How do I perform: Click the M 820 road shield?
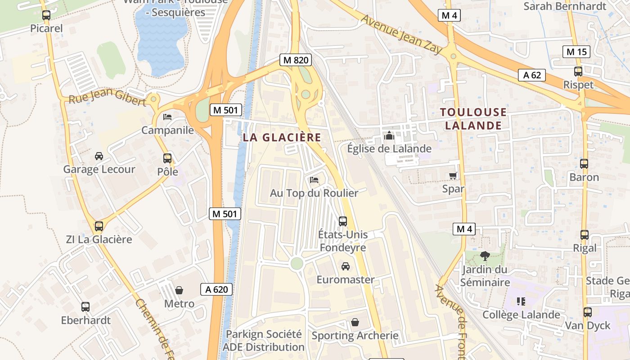click(295, 60)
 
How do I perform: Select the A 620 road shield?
click(216, 289)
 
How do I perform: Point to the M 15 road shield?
click(576, 52)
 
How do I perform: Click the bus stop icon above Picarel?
click(46, 15)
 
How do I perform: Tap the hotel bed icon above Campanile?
click(167, 117)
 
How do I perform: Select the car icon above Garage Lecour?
click(99, 156)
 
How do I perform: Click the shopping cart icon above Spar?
click(453, 175)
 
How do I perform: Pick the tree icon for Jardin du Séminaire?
click(485, 256)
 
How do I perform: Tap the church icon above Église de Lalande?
click(389, 135)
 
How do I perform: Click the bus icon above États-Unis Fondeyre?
click(343, 221)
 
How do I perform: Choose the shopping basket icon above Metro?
click(179, 290)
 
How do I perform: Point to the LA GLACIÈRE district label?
click(282, 138)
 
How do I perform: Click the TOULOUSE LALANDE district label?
click(473, 119)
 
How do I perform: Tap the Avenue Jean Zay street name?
click(402, 34)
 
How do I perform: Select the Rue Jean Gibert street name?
click(107, 98)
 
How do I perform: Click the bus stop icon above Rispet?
click(578, 71)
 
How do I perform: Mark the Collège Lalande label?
click(521, 315)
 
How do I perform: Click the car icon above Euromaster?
click(346, 266)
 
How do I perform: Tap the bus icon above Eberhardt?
click(85, 307)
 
